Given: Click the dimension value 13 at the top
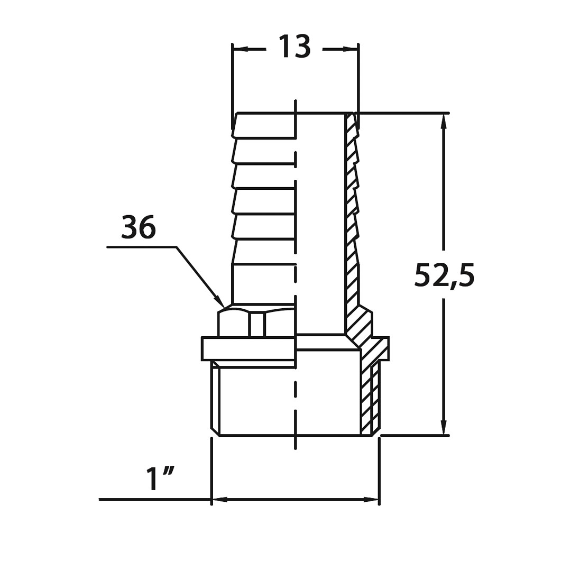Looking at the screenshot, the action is [294, 47].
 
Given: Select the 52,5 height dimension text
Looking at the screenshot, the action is [444, 275].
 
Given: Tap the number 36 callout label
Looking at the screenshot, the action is [139, 227].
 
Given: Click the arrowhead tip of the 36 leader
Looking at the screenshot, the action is [224, 307].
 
